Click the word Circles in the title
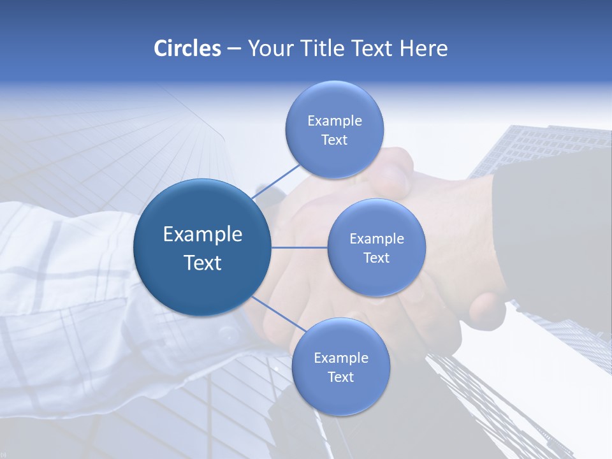[x=187, y=48]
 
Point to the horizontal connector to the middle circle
[x=300, y=247]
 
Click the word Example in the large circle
[x=203, y=234]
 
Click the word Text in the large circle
[x=203, y=263]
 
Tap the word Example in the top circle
[x=334, y=120]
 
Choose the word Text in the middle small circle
[x=376, y=258]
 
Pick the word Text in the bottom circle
[x=340, y=377]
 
